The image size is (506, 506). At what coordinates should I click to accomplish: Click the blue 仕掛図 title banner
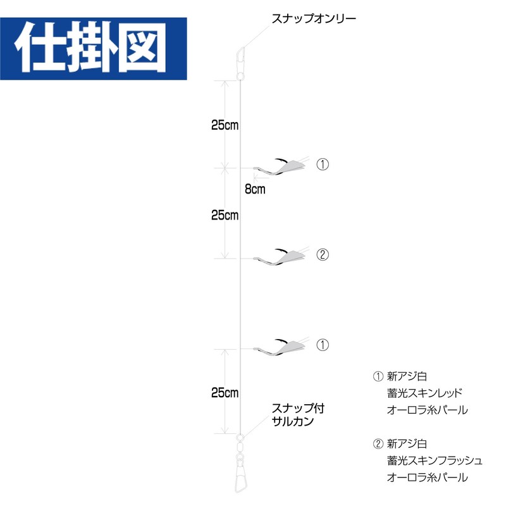coord(93,49)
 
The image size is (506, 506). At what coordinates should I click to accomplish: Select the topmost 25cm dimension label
coord(225,125)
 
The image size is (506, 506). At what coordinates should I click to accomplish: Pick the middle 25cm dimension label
coord(225,215)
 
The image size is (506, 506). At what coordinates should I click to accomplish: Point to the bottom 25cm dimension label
coord(225,392)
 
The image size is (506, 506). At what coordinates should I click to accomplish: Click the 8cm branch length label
coord(255,188)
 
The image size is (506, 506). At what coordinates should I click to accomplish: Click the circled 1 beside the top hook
coord(323,165)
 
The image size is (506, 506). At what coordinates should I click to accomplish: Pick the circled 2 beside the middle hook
coord(323,255)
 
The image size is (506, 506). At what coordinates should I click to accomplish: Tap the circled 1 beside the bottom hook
coord(323,345)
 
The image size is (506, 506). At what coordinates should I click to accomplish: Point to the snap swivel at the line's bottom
coord(240,460)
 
